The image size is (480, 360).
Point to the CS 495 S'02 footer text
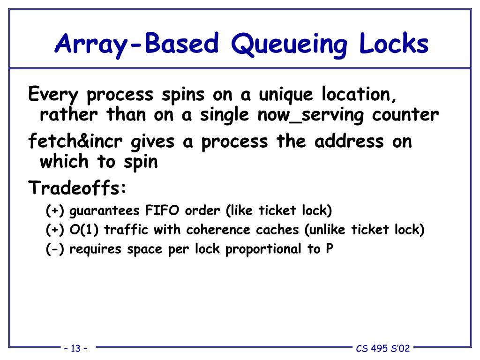tap(382, 348)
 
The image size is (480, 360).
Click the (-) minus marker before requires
tap(56, 249)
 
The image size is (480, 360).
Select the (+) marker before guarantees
tap(56, 211)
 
